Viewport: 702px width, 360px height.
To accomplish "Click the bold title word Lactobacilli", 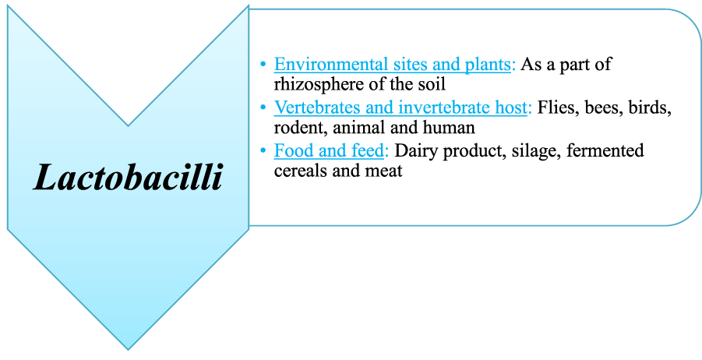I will coord(128,178).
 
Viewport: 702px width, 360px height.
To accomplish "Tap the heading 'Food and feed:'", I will coord(331,150).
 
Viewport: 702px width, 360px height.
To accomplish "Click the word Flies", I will coord(556,108).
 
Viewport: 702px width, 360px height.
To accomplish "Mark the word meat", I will coord(385,170).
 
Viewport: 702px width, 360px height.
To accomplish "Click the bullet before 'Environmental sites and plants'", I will coord(264,65).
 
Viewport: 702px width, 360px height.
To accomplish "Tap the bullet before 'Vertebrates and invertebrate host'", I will coord(264,108).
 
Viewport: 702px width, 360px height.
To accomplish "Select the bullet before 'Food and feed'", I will coord(264,150).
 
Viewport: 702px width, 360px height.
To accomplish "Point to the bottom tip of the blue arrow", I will coord(128,348).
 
